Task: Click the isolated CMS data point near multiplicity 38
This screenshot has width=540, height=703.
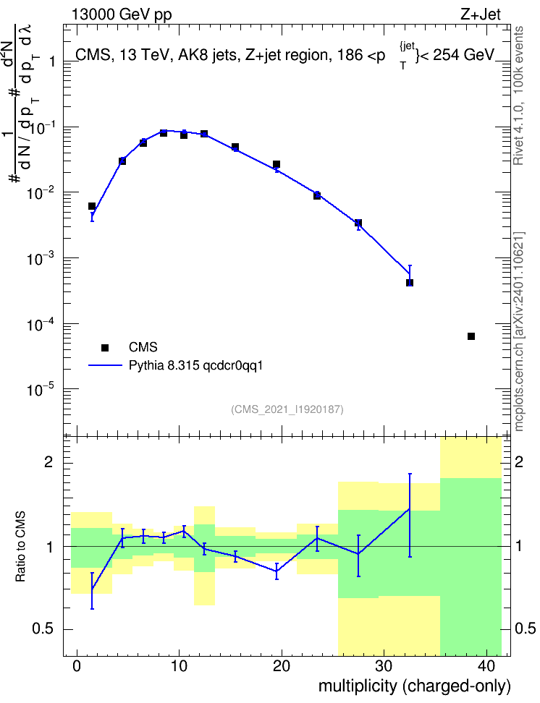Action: [471, 336]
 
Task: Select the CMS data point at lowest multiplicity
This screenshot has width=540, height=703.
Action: [92, 206]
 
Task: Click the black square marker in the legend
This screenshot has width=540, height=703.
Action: [105, 347]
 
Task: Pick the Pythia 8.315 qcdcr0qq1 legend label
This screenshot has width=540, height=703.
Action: [195, 365]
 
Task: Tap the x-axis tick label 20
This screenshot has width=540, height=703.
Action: [282, 666]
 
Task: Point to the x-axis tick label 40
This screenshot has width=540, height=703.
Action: [486, 666]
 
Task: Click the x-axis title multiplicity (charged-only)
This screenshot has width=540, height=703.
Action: [415, 686]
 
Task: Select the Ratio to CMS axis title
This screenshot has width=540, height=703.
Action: [21, 547]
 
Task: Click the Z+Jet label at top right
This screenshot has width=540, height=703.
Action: [481, 14]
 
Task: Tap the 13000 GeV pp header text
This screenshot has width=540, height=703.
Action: [122, 15]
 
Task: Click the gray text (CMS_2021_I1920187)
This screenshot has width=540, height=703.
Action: [287, 409]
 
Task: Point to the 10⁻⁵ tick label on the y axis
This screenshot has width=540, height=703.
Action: [41, 389]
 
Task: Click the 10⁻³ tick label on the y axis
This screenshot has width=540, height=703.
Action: [41, 259]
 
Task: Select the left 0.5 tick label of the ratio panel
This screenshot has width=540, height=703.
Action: [43, 629]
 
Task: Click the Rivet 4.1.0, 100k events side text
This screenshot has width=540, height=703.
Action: [518, 96]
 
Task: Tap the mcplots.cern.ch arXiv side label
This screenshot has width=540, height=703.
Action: [518, 331]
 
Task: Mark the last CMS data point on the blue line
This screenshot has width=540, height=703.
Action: [410, 283]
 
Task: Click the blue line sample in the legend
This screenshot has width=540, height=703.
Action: [106, 365]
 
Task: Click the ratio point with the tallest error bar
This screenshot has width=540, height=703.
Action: [410, 509]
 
